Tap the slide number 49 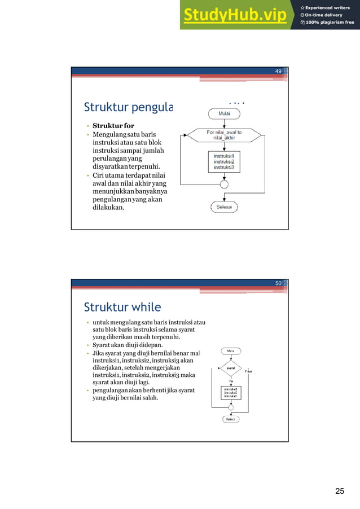pyautogui.click(x=278, y=71)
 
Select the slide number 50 pyautogui.click(x=278, y=283)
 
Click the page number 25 pyautogui.click(x=339, y=491)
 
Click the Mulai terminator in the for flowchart pyautogui.click(x=224, y=113)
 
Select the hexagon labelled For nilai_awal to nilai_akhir pyautogui.click(x=224, y=135)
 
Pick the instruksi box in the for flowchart pyautogui.click(x=224, y=161)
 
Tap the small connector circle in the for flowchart pyautogui.click(x=224, y=183)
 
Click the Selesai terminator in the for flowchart pyautogui.click(x=224, y=207)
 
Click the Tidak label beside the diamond pyautogui.click(x=248, y=372)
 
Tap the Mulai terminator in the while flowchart pyautogui.click(x=231, y=350)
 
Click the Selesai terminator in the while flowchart pyautogui.click(x=231, y=419)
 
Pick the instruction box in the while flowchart pyautogui.click(x=231, y=393)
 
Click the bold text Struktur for pyautogui.click(x=113, y=125)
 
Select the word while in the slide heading pyautogui.click(x=146, y=308)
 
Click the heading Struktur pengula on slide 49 pyautogui.click(x=129, y=107)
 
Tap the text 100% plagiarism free pyautogui.click(x=330, y=23)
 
